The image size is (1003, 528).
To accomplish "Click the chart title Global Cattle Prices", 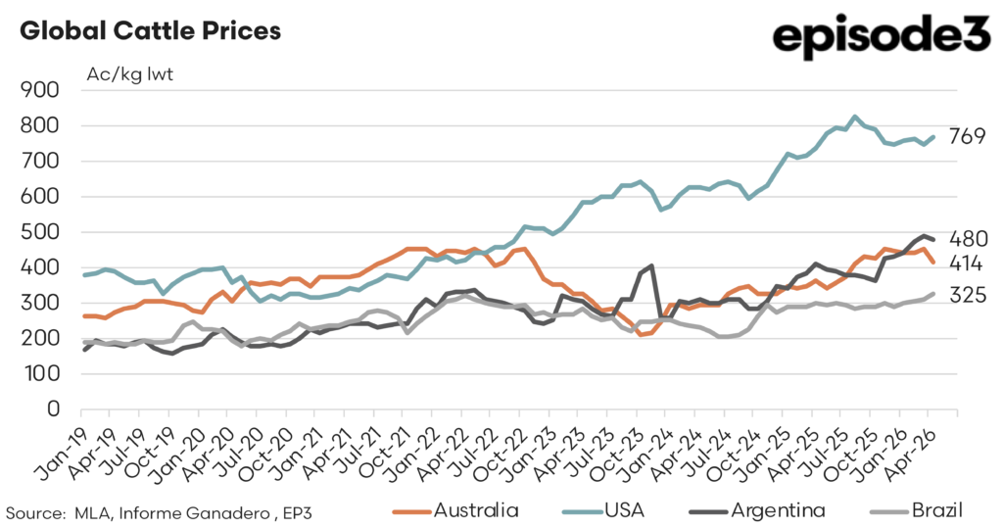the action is click(x=150, y=30).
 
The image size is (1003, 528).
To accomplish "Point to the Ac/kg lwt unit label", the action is click(x=130, y=74).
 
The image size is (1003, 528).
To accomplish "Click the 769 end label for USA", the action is click(x=967, y=136).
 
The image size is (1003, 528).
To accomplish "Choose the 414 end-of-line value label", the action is click(x=966, y=264).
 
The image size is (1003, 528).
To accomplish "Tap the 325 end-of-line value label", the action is click(x=968, y=296).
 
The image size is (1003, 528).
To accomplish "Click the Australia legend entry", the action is click(x=455, y=510).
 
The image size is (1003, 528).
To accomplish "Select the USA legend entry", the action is click(x=603, y=510).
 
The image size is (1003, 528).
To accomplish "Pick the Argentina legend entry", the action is click(x=757, y=510).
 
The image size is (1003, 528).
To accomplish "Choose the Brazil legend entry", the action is click(x=917, y=510).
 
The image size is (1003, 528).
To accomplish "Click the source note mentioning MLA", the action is click(x=159, y=513).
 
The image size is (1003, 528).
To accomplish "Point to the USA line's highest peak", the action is click(x=855, y=117).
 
